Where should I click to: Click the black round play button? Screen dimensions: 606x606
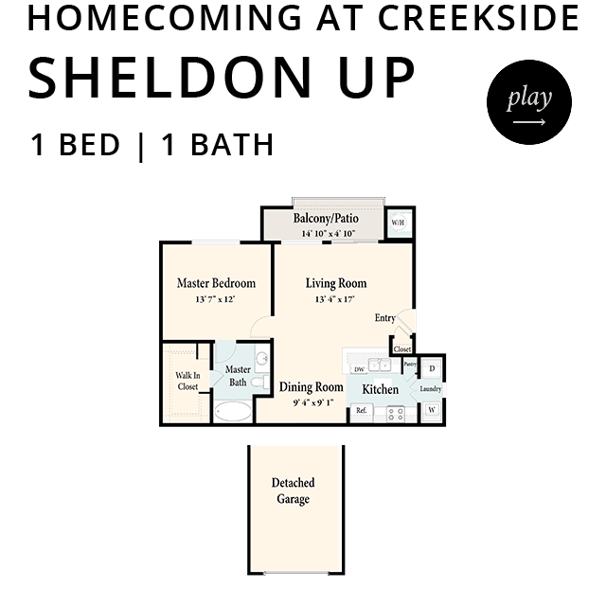529,102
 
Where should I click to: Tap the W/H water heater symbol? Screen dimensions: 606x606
398,223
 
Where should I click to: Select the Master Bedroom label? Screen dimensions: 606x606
216,283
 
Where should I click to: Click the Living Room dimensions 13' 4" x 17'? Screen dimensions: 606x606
335,299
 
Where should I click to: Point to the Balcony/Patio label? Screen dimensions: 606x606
326,219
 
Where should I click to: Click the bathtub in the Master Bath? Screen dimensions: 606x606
233,411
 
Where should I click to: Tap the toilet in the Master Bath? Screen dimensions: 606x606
260,383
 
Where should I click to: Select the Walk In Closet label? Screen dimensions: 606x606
187,381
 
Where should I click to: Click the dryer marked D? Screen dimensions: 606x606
432,368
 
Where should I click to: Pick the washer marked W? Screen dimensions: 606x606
432,410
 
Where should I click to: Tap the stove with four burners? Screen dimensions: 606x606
396,414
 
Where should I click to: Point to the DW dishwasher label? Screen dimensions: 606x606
359,369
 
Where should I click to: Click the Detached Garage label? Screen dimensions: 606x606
293,490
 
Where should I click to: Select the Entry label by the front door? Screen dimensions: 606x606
385,318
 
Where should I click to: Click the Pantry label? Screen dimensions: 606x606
410,364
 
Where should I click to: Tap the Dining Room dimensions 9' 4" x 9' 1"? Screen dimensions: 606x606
313,402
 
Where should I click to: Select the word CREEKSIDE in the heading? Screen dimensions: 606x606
478,18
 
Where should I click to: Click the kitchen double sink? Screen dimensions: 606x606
379,365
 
